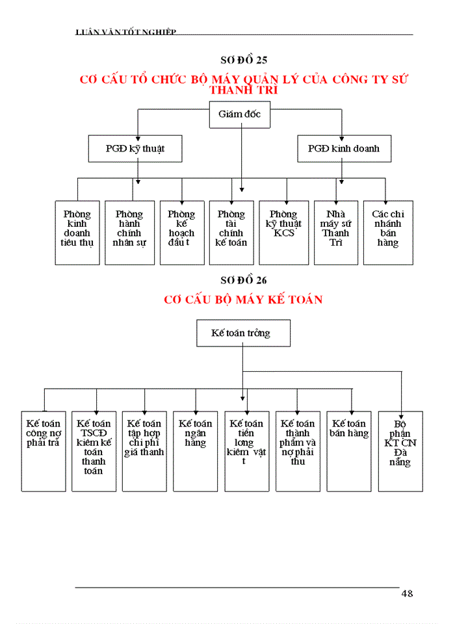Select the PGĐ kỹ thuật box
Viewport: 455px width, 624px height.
[135, 148]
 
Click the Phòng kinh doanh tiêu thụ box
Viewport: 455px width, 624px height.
[77, 232]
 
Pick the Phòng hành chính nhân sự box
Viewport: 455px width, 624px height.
[129, 232]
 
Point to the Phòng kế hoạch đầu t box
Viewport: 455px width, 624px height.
[181, 232]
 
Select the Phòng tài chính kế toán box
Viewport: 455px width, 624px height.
[231, 232]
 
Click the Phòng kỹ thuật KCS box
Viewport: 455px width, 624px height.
[283, 232]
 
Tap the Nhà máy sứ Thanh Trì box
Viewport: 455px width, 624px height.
[336, 232]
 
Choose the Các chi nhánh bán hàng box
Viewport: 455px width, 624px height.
[387, 232]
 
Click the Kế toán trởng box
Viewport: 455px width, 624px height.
[243, 333]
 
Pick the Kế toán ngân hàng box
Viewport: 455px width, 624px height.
[195, 450]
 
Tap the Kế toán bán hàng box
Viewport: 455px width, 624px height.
[349, 450]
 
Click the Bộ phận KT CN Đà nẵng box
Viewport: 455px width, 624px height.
[400, 450]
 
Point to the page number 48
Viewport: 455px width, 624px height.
[407, 593]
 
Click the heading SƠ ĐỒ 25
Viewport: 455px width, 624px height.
[244, 60]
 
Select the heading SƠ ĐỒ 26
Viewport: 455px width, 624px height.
[244, 280]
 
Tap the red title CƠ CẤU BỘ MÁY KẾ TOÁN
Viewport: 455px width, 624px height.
[244, 300]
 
